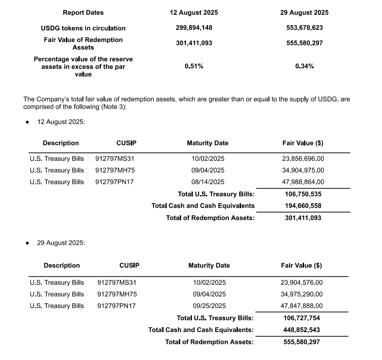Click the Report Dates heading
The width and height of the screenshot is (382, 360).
[x=83, y=13]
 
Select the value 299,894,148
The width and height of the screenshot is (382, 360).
[x=194, y=27]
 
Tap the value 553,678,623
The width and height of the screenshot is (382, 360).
[x=305, y=27]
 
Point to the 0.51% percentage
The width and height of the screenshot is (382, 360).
[x=194, y=66]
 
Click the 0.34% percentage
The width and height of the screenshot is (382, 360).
[x=305, y=66]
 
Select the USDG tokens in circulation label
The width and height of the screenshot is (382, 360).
[x=83, y=28]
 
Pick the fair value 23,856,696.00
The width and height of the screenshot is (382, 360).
[x=303, y=159]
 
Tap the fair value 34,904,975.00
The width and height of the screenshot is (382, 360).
[x=303, y=170]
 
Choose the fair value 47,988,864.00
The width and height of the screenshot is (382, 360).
[x=303, y=182]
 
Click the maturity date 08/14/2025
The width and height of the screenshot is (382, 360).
[x=208, y=182]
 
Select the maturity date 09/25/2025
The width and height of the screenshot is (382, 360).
[x=209, y=306]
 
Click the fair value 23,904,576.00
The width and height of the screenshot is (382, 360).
[x=301, y=283]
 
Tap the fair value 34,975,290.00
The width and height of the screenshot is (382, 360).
[x=301, y=294]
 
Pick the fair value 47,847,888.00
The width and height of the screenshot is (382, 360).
[x=301, y=306]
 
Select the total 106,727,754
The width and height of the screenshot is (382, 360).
[x=301, y=318]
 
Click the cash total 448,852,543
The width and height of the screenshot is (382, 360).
[x=301, y=330]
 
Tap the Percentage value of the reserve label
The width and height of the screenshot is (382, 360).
[x=83, y=59]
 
